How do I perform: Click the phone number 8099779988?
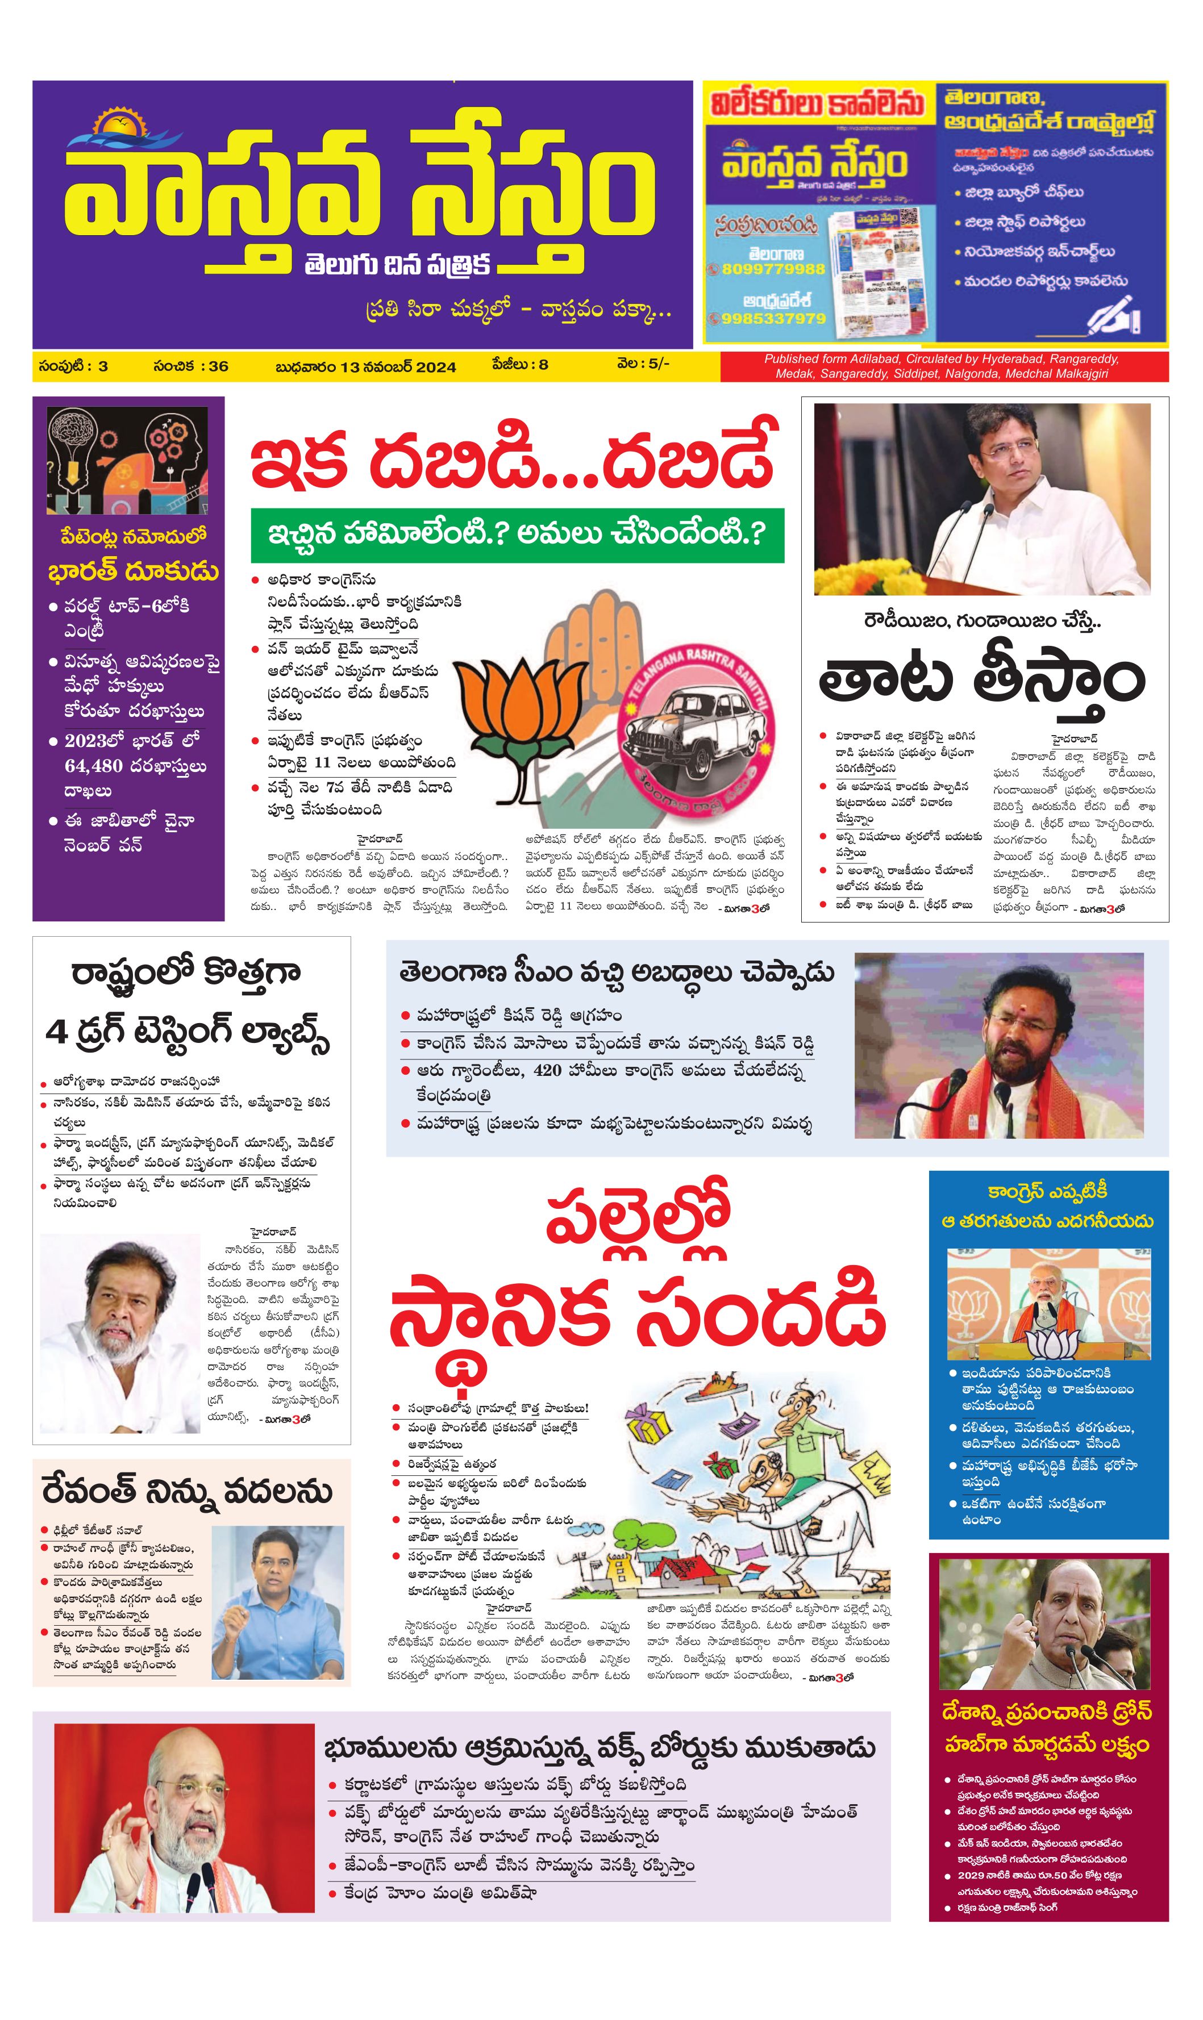[766, 269]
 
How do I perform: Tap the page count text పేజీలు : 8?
[519, 365]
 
